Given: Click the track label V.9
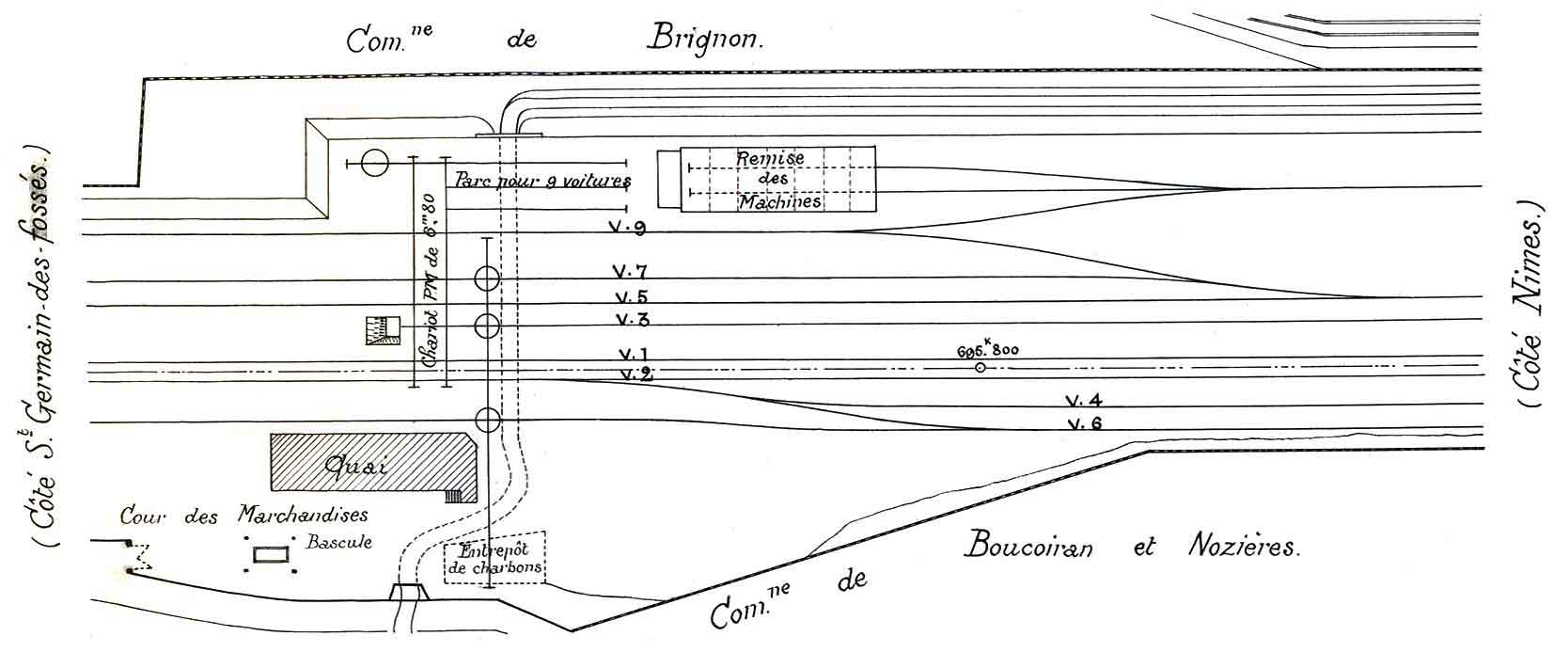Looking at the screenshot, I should click(x=627, y=228).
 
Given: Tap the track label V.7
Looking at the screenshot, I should click(x=629, y=273).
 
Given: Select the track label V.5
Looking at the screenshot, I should click(x=629, y=297).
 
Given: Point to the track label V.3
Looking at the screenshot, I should click(x=631, y=319).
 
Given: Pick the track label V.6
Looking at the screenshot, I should click(x=1084, y=423).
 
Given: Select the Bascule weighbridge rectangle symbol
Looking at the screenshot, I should click(x=270, y=555).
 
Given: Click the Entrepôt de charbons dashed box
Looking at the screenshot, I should click(x=494, y=562).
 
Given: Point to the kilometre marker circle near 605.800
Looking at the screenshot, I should click(x=980, y=368).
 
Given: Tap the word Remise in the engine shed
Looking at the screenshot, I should click(x=770, y=158).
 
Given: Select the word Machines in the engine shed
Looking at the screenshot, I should click(x=779, y=201).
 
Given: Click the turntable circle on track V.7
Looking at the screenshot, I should click(x=487, y=278).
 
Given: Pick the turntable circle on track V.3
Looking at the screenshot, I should click(x=487, y=326).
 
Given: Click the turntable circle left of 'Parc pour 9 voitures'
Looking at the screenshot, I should click(x=374, y=164).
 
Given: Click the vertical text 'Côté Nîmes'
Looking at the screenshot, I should click(x=1529, y=306).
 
